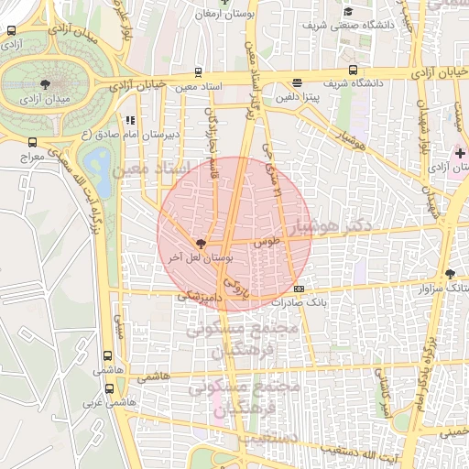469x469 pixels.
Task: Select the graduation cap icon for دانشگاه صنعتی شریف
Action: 347,11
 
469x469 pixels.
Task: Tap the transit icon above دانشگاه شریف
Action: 354,70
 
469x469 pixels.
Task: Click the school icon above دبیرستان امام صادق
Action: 131,119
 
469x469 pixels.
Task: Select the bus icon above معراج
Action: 33,142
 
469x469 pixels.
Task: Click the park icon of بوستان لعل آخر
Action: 200,244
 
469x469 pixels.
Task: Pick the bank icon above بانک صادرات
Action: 299,289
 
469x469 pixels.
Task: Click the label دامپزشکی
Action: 197,297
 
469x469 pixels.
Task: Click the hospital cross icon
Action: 460,153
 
